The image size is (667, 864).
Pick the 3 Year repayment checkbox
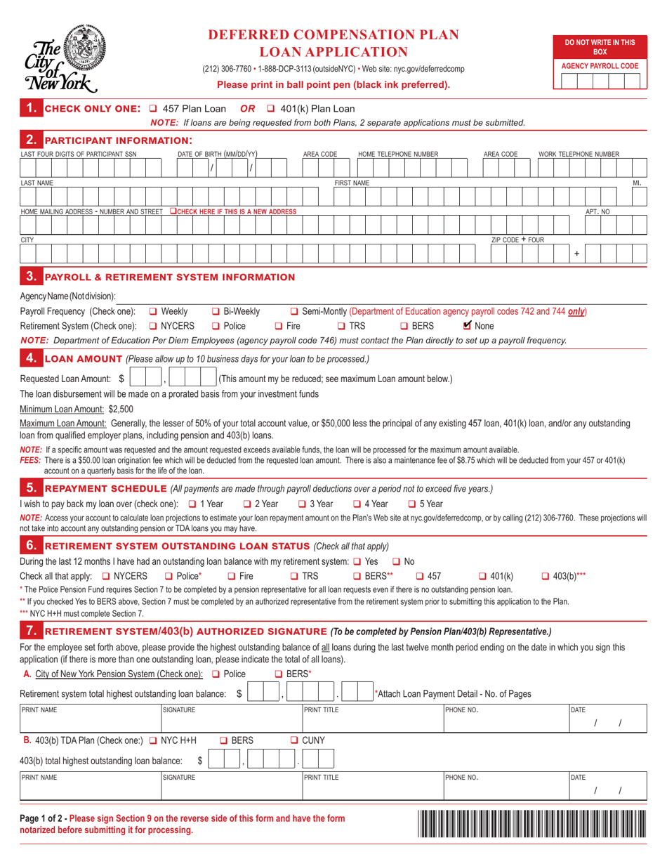pyautogui.click(x=302, y=504)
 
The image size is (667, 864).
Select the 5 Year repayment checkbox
pyautogui.click(x=412, y=504)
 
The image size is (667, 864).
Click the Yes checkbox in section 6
pyautogui.click(x=357, y=561)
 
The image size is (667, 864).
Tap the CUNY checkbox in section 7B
pyautogui.click(x=295, y=740)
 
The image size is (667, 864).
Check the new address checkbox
pyautogui.click(x=173, y=211)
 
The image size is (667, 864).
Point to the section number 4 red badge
pyautogui.click(x=30, y=359)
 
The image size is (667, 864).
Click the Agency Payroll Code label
pyautogui.click(x=599, y=66)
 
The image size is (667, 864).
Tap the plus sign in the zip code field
pyautogui.click(x=576, y=253)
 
